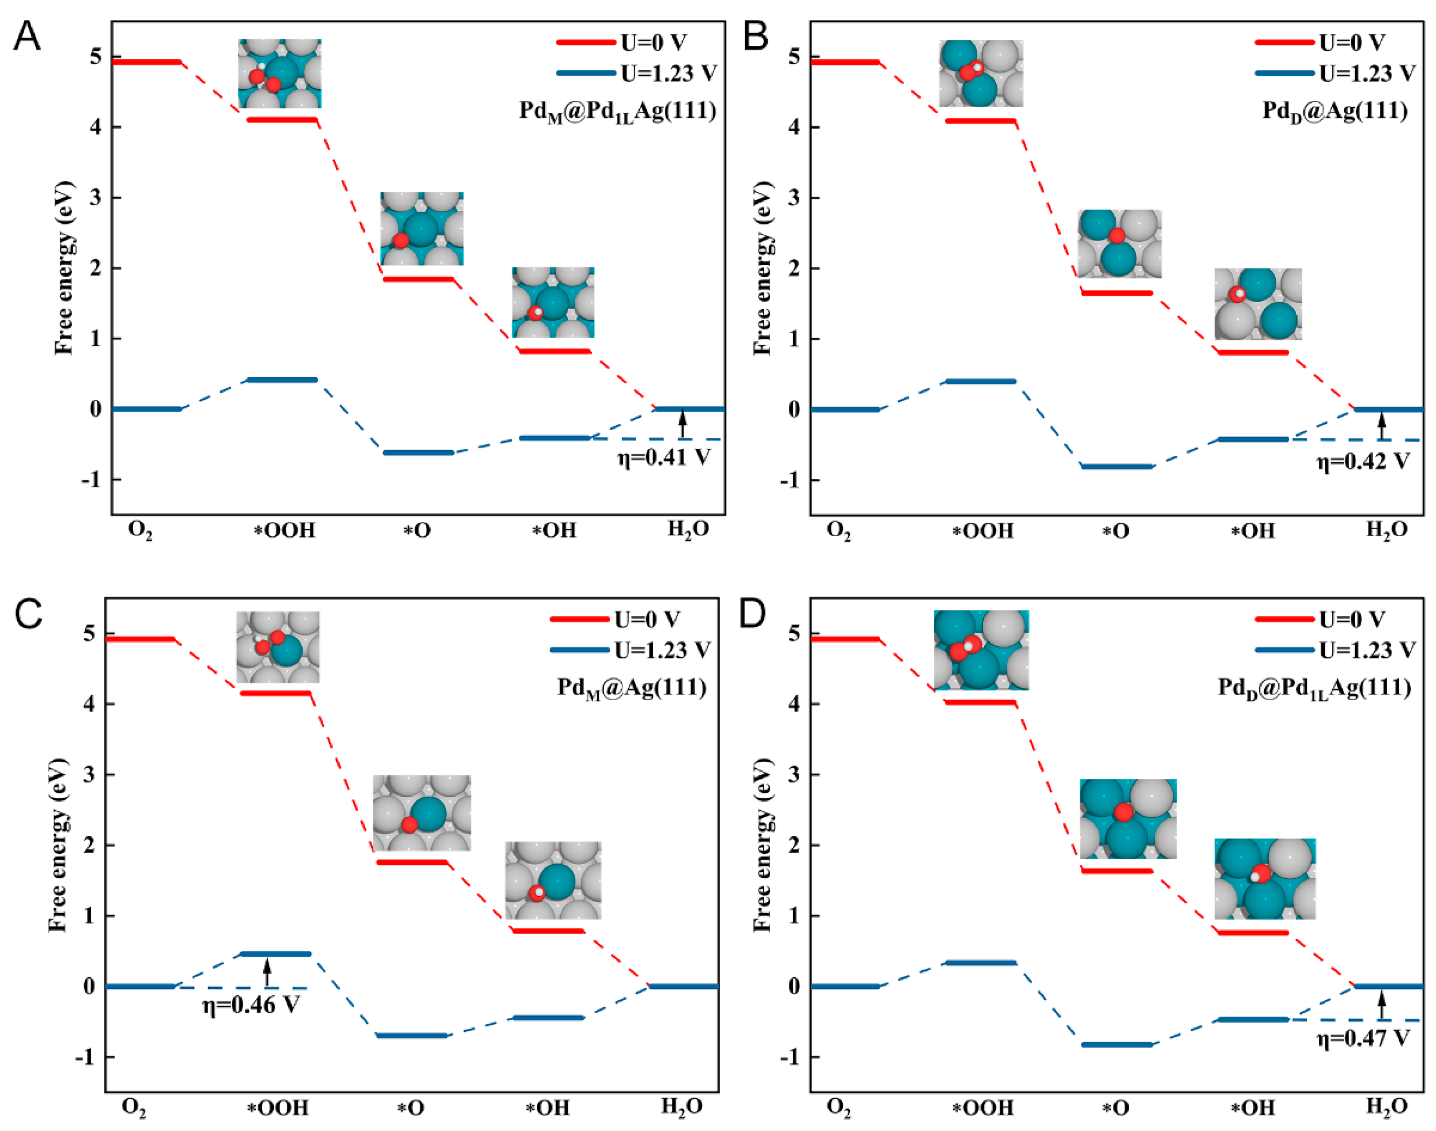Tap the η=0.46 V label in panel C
(251, 1005)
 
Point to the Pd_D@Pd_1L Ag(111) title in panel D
(1314, 688)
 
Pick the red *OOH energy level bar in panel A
(278, 120)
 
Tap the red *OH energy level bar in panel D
(1253, 932)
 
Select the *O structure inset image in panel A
(421, 228)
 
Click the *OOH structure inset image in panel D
(981, 650)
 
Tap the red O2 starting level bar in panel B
(845, 62)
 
